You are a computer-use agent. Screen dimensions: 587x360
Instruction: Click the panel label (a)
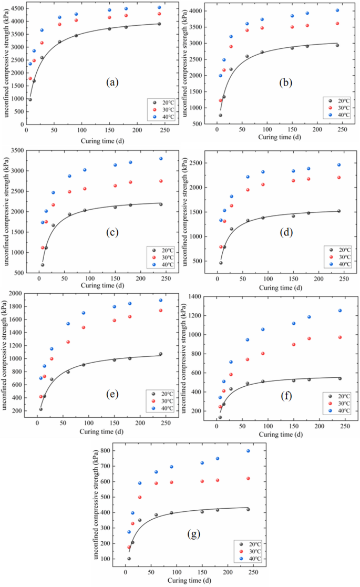[112, 83]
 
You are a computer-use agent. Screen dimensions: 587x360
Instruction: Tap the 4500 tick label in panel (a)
[16, 9]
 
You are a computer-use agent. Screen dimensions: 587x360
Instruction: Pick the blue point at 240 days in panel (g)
[248, 451]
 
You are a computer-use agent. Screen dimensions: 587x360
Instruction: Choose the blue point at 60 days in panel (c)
[69, 176]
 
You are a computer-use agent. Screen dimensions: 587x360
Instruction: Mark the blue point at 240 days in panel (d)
[339, 165]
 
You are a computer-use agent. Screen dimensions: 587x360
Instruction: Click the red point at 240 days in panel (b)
[337, 23]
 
